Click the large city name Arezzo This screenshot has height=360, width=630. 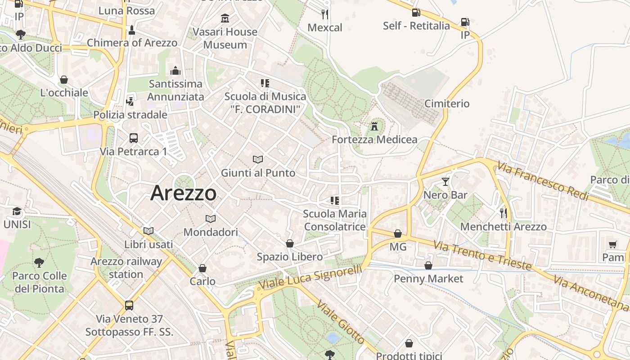pos(183,193)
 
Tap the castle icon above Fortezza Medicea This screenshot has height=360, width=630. pos(374,126)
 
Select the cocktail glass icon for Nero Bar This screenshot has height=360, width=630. pos(445,182)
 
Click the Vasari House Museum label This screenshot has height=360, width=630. pos(225,38)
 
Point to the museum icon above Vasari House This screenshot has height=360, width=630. pos(225,18)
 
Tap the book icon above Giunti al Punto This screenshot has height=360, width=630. pos(258,159)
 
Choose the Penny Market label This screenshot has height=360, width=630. pos(428,279)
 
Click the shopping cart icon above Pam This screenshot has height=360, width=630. pos(613,244)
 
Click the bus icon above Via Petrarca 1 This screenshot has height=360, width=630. pos(133,138)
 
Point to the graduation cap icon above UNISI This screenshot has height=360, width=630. pos(17,211)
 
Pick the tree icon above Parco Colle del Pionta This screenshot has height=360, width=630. pos(39,262)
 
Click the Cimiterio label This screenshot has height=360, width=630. pos(447,103)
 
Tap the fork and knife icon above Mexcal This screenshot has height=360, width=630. pos(325,14)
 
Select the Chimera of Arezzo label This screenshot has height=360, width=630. pos(132,43)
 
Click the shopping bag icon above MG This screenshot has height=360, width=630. pos(398,234)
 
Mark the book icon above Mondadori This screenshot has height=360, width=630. pos(211,219)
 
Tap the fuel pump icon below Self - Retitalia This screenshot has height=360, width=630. pos(465,22)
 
